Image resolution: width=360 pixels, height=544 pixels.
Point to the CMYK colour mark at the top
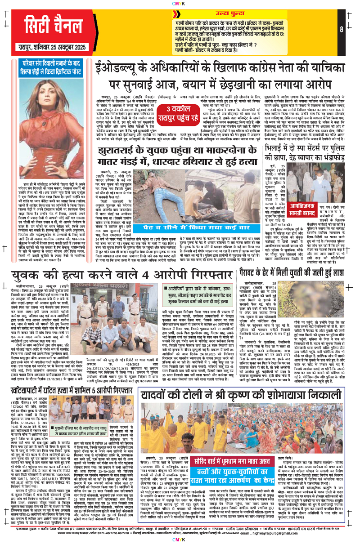pyautogui.click(x=180, y=3)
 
